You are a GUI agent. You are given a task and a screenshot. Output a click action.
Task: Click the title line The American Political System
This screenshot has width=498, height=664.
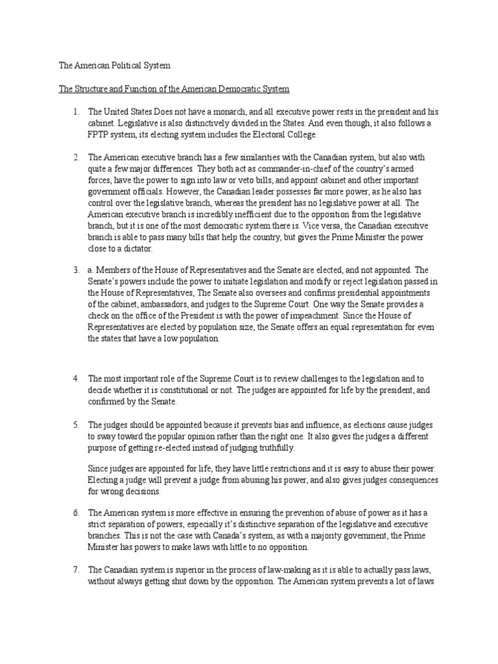click(x=113, y=66)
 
